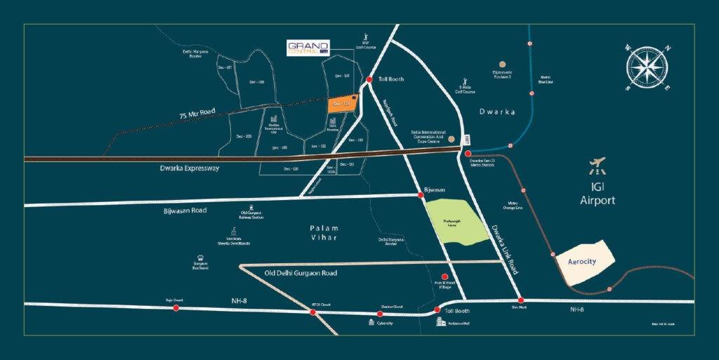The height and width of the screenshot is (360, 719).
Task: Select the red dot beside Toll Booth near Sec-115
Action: pyautogui.click(x=370, y=80)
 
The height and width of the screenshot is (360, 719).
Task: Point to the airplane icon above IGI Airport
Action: pyautogui.click(x=598, y=168)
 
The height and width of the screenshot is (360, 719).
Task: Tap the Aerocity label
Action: pyautogui.click(x=581, y=260)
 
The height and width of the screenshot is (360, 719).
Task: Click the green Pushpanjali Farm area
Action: pyautogui.click(x=456, y=221)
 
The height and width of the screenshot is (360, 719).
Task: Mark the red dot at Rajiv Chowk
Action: pyautogui.click(x=176, y=307)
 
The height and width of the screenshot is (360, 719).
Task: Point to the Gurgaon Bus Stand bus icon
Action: pyautogui.click(x=201, y=257)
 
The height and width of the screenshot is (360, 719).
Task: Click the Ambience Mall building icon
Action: pyautogui.click(x=441, y=321)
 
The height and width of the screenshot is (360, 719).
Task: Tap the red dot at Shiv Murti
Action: pyautogui.click(x=520, y=300)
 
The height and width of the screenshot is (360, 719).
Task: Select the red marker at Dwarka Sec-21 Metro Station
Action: pyautogui.click(x=468, y=153)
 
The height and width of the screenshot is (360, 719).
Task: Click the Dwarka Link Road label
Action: pyautogui.click(x=504, y=249)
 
